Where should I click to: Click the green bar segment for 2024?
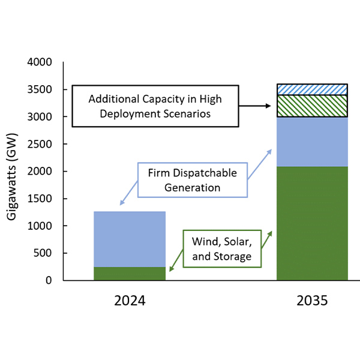point(130,274)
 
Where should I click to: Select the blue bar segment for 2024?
point(130,239)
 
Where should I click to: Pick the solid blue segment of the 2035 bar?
point(312,142)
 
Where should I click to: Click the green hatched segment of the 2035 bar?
point(312,106)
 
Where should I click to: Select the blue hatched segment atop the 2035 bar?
point(312,89)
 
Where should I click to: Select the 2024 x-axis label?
point(130,301)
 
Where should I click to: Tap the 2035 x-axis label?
point(312,301)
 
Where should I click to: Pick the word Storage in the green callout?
point(236,256)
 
